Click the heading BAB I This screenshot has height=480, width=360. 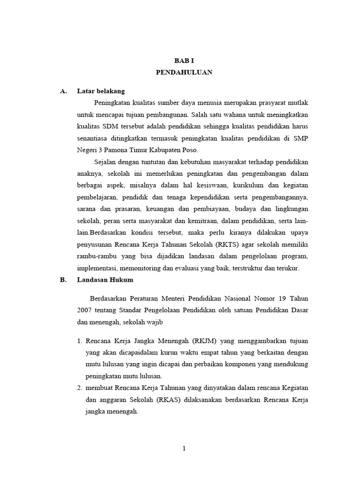point(184,61)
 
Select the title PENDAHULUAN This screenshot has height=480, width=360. point(184,72)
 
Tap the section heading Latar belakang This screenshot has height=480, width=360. point(101,91)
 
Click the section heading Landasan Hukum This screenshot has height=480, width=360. point(105,280)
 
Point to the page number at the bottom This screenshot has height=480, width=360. point(184,449)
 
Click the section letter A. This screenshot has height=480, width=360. point(64,91)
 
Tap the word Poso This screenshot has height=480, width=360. point(190,150)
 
